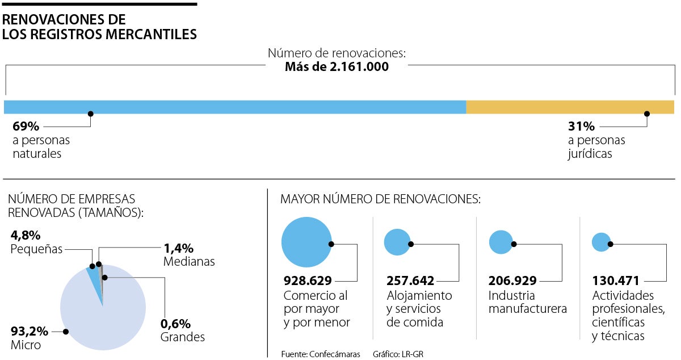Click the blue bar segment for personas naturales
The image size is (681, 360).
(x=235, y=107)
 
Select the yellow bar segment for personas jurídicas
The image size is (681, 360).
(x=570, y=107)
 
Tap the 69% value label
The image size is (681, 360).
(x=26, y=126)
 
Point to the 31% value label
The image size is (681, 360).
(x=581, y=126)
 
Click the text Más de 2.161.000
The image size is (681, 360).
(x=337, y=67)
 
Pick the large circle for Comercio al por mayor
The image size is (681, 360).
(x=306, y=242)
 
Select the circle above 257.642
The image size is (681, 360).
(x=397, y=242)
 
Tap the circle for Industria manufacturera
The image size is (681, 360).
(x=501, y=242)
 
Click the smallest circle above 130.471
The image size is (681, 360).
(x=600, y=242)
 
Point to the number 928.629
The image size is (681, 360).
(x=308, y=281)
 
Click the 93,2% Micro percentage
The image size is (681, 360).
(x=30, y=332)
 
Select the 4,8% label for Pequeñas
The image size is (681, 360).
(x=26, y=235)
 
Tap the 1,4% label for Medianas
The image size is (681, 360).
(x=179, y=248)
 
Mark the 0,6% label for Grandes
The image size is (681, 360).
(x=175, y=324)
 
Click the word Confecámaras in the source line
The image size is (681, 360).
(x=334, y=354)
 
